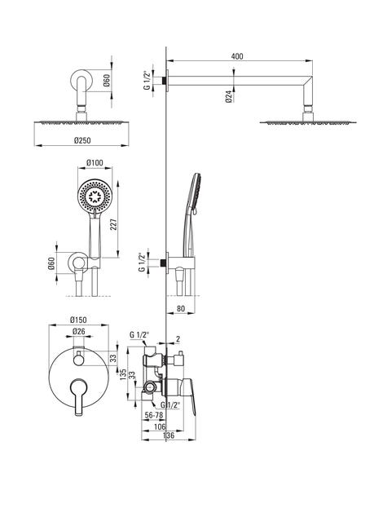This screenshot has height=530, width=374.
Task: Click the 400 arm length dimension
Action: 237,56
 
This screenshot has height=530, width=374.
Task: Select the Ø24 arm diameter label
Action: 229,96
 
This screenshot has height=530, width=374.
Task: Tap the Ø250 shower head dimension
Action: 82,140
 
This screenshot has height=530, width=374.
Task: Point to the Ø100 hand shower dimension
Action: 95,163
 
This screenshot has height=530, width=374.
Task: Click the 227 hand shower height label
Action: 114,224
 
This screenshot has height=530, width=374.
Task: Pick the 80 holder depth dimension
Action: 181,309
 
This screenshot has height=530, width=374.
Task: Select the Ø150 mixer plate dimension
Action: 78,320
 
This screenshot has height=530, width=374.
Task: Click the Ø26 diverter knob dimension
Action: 79,332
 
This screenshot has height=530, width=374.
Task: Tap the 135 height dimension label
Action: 123,373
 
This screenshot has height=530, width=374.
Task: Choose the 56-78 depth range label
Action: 154,415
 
